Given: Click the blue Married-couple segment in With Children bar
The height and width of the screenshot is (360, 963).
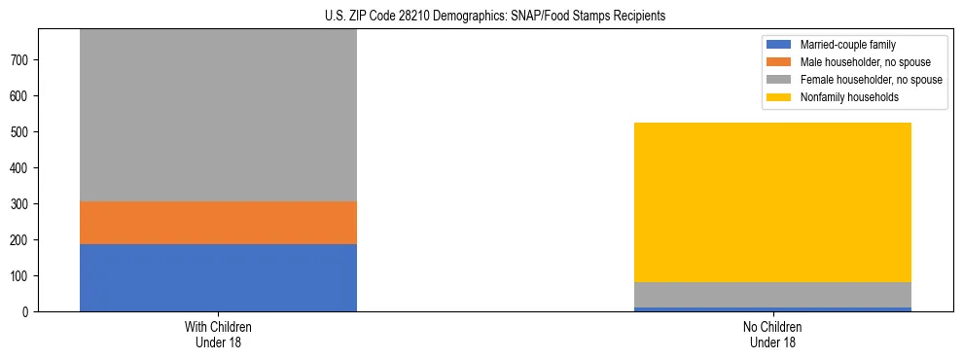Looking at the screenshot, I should pyautogui.click(x=218, y=277).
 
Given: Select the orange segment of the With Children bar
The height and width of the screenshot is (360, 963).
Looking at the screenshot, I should pyautogui.click(x=218, y=223).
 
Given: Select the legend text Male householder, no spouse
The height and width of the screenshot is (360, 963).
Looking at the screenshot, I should pyautogui.click(x=858, y=62).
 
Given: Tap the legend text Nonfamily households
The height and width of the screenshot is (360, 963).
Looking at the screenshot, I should pyautogui.click(x=841, y=97).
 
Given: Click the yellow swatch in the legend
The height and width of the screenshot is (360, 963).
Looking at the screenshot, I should pyautogui.click(x=780, y=97).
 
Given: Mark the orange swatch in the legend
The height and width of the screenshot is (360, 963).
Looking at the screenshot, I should pyautogui.click(x=780, y=62).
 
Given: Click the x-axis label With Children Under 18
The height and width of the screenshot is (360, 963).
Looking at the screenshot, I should pyautogui.click(x=218, y=334).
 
